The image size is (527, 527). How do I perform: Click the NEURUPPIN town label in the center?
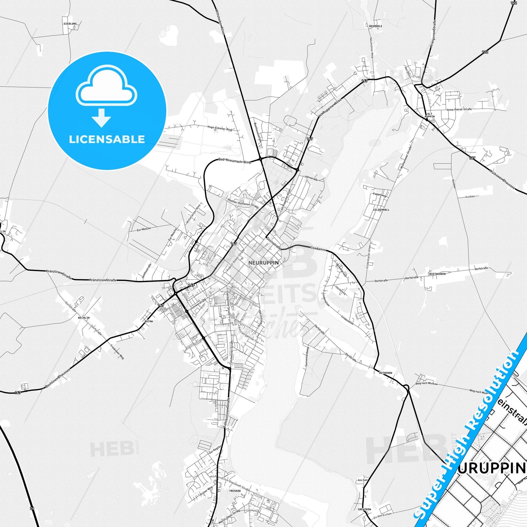[x=263, y=263]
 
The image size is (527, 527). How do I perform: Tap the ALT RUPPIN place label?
[x=430, y=115]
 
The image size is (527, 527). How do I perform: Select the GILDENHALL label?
[x=381, y=210]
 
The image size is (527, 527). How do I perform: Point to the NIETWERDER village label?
[x=438, y=274]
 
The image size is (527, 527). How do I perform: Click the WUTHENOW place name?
[x=385, y=373]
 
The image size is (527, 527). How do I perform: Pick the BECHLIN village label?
[x=84, y=318]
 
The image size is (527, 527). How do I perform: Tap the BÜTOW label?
[x=149, y=321]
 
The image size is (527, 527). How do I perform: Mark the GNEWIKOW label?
[x=364, y=509]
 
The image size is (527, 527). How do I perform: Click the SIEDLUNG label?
[x=70, y=24]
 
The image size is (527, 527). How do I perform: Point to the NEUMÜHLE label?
[x=375, y=26]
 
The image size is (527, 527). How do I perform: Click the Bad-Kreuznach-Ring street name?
[x=235, y=160]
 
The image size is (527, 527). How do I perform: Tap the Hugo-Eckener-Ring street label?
[x=220, y=129]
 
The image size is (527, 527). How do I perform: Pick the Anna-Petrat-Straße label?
[x=459, y=109]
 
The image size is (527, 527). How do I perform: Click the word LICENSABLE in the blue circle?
[x=107, y=139]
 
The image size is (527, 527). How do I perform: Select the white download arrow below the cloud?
[x=101, y=118]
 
